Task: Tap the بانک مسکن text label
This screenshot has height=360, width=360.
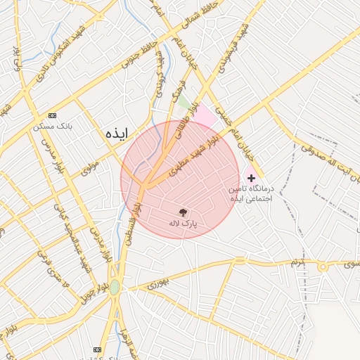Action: pyautogui.click(x=53, y=127)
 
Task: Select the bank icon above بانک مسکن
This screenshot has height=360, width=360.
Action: pyautogui.click(x=52, y=115)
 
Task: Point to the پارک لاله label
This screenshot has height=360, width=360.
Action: pyautogui.click(x=183, y=224)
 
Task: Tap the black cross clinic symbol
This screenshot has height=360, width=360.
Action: pyautogui.click(x=251, y=179)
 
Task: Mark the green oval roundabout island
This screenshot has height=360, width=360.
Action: pyautogui.click(x=114, y=287)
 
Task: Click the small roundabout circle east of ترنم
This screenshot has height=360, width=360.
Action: pyautogui.click(x=323, y=266)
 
